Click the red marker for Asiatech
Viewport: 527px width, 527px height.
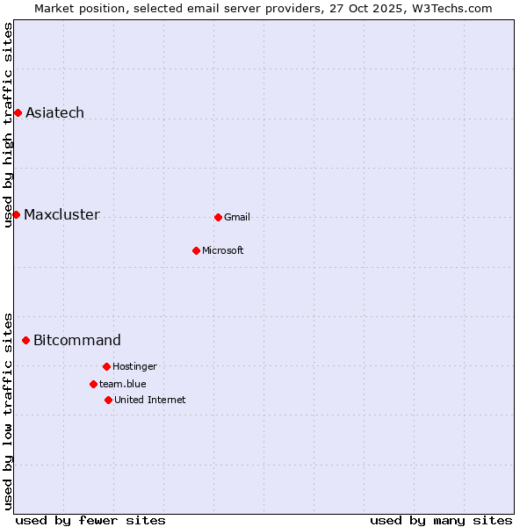pos(18,112)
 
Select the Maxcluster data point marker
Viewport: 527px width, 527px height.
pos(16,214)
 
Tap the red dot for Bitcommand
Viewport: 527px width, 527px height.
pos(25,340)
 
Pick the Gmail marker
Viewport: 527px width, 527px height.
pos(218,217)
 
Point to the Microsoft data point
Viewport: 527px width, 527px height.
pos(196,250)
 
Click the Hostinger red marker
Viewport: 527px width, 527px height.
pos(106,366)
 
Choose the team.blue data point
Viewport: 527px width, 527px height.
pos(93,384)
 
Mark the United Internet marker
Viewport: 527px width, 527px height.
pos(108,400)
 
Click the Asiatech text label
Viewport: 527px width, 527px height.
pos(54,112)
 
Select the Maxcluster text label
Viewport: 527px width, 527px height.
pos(61,214)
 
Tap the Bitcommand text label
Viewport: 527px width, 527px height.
pos(77,340)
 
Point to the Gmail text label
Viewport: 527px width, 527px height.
pos(237,217)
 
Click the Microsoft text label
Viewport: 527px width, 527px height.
pos(223,250)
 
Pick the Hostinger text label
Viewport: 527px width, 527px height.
pos(134,366)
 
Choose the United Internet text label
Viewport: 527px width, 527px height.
pos(150,400)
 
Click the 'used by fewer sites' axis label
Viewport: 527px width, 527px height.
pos(90,520)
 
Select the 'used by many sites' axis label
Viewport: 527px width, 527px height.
pos(441,520)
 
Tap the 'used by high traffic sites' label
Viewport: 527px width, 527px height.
pos(8,125)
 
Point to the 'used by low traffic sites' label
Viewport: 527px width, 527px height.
pos(8,410)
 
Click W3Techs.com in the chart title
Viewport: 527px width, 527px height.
pos(451,8)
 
